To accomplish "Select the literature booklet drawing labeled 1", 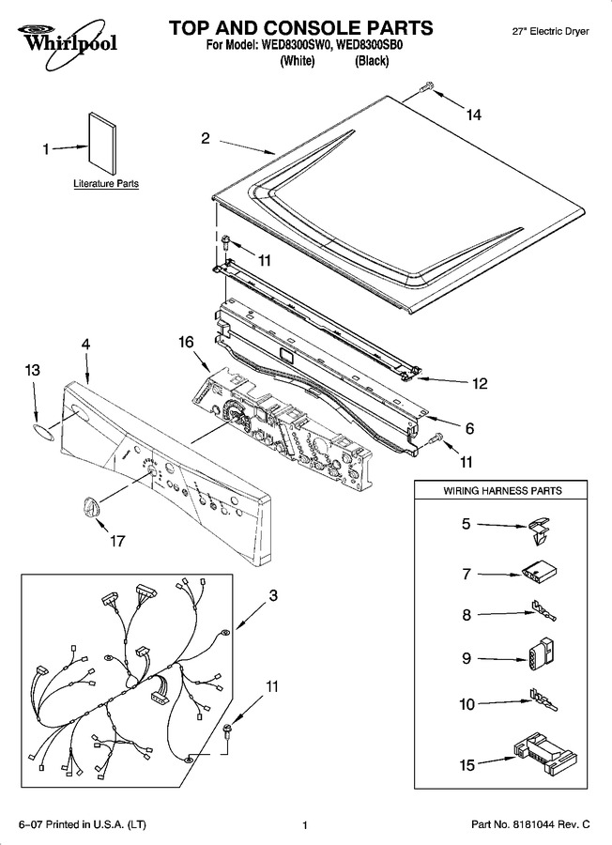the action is coord(103,145).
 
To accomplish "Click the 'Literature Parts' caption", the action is coord(106,184).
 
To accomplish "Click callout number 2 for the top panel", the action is coord(206,139).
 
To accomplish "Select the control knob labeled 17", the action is coord(91,509).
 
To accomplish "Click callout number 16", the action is coord(186,342).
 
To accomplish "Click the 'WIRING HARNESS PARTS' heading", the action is coord(502,491).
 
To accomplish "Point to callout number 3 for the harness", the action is coord(273,595).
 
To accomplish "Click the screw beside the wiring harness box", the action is coord(228,730).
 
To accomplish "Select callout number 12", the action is coord(480,383).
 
